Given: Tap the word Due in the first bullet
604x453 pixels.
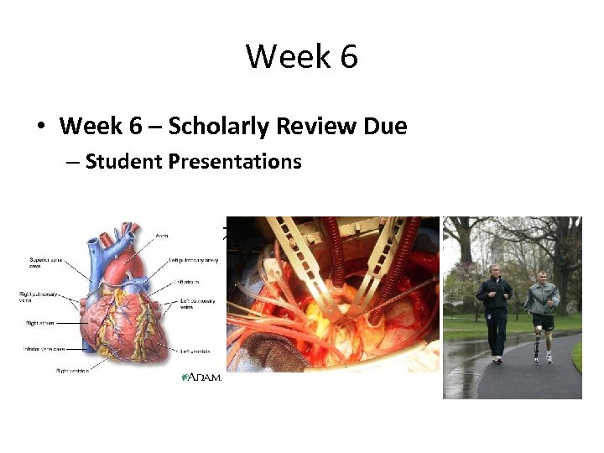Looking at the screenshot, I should (x=386, y=127).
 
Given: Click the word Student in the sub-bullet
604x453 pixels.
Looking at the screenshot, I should (x=123, y=161).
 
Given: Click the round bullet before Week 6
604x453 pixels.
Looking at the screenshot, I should (x=39, y=128).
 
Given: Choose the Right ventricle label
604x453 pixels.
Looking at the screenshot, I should (x=73, y=370).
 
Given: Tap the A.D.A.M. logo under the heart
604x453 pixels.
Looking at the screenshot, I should (x=201, y=377).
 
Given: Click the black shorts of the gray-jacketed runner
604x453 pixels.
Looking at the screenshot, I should (x=543, y=321).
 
